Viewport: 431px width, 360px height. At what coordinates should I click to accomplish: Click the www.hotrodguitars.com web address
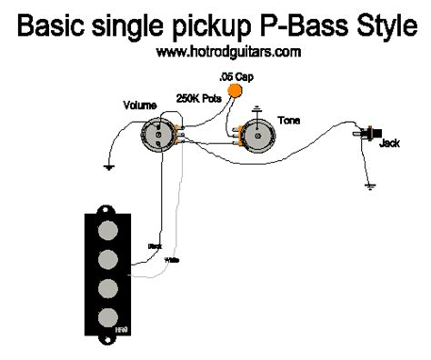click(215, 52)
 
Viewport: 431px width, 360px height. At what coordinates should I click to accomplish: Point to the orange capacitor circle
click(237, 90)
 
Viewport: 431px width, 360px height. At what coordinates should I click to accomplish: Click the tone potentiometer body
click(256, 136)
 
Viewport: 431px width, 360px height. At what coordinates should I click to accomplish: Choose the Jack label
click(388, 144)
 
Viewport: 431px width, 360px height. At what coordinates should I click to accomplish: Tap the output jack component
click(370, 134)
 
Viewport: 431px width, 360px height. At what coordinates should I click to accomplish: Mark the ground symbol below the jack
click(370, 187)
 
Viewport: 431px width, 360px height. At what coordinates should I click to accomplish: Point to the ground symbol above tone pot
click(256, 109)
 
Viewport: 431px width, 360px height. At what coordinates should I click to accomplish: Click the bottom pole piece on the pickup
click(109, 317)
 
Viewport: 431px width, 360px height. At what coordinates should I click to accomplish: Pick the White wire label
click(170, 259)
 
